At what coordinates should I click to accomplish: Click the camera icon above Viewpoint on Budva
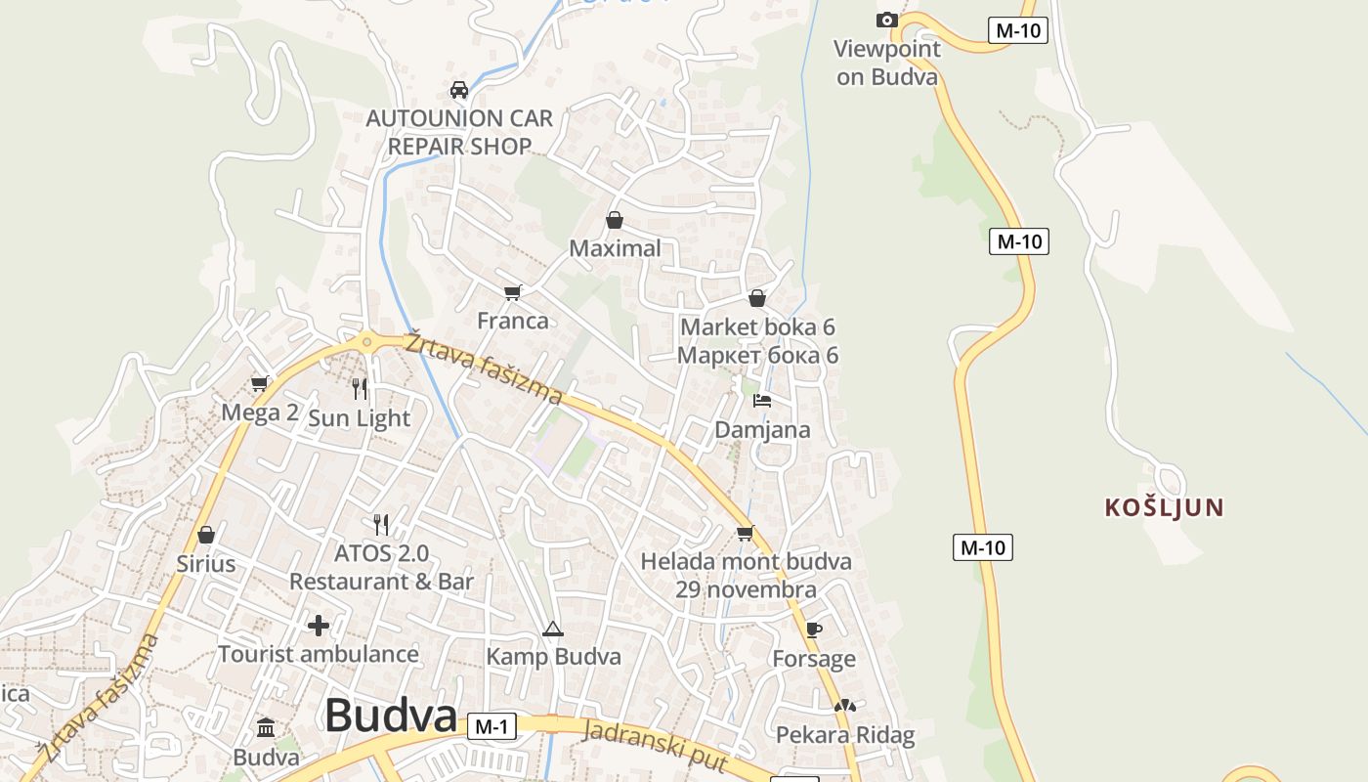tap(886, 20)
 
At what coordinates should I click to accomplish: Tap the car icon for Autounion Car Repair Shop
tap(458, 90)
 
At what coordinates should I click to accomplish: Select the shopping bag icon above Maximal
tap(615, 220)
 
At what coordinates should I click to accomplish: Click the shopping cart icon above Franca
tap(513, 292)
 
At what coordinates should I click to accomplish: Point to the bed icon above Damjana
tap(762, 401)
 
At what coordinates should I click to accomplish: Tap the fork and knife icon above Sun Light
tap(360, 389)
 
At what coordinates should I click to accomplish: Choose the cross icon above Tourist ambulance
tap(319, 626)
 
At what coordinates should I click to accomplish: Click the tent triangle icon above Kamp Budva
tap(553, 629)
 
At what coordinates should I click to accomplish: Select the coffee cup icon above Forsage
tap(814, 630)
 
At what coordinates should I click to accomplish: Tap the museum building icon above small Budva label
tap(266, 728)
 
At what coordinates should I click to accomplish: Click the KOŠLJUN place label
tap(1164, 507)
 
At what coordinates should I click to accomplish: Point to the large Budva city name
tap(391, 716)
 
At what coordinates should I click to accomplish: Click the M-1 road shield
tap(492, 726)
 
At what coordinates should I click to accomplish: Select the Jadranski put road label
tap(656, 745)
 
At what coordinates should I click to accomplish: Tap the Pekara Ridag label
tap(845, 735)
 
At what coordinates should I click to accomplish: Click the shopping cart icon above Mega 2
tap(259, 384)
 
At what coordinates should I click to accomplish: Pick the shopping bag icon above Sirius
tap(206, 535)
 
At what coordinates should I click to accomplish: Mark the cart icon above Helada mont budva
tap(746, 533)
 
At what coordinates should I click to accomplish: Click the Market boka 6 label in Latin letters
tap(757, 326)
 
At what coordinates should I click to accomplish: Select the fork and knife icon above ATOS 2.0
tap(381, 525)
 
